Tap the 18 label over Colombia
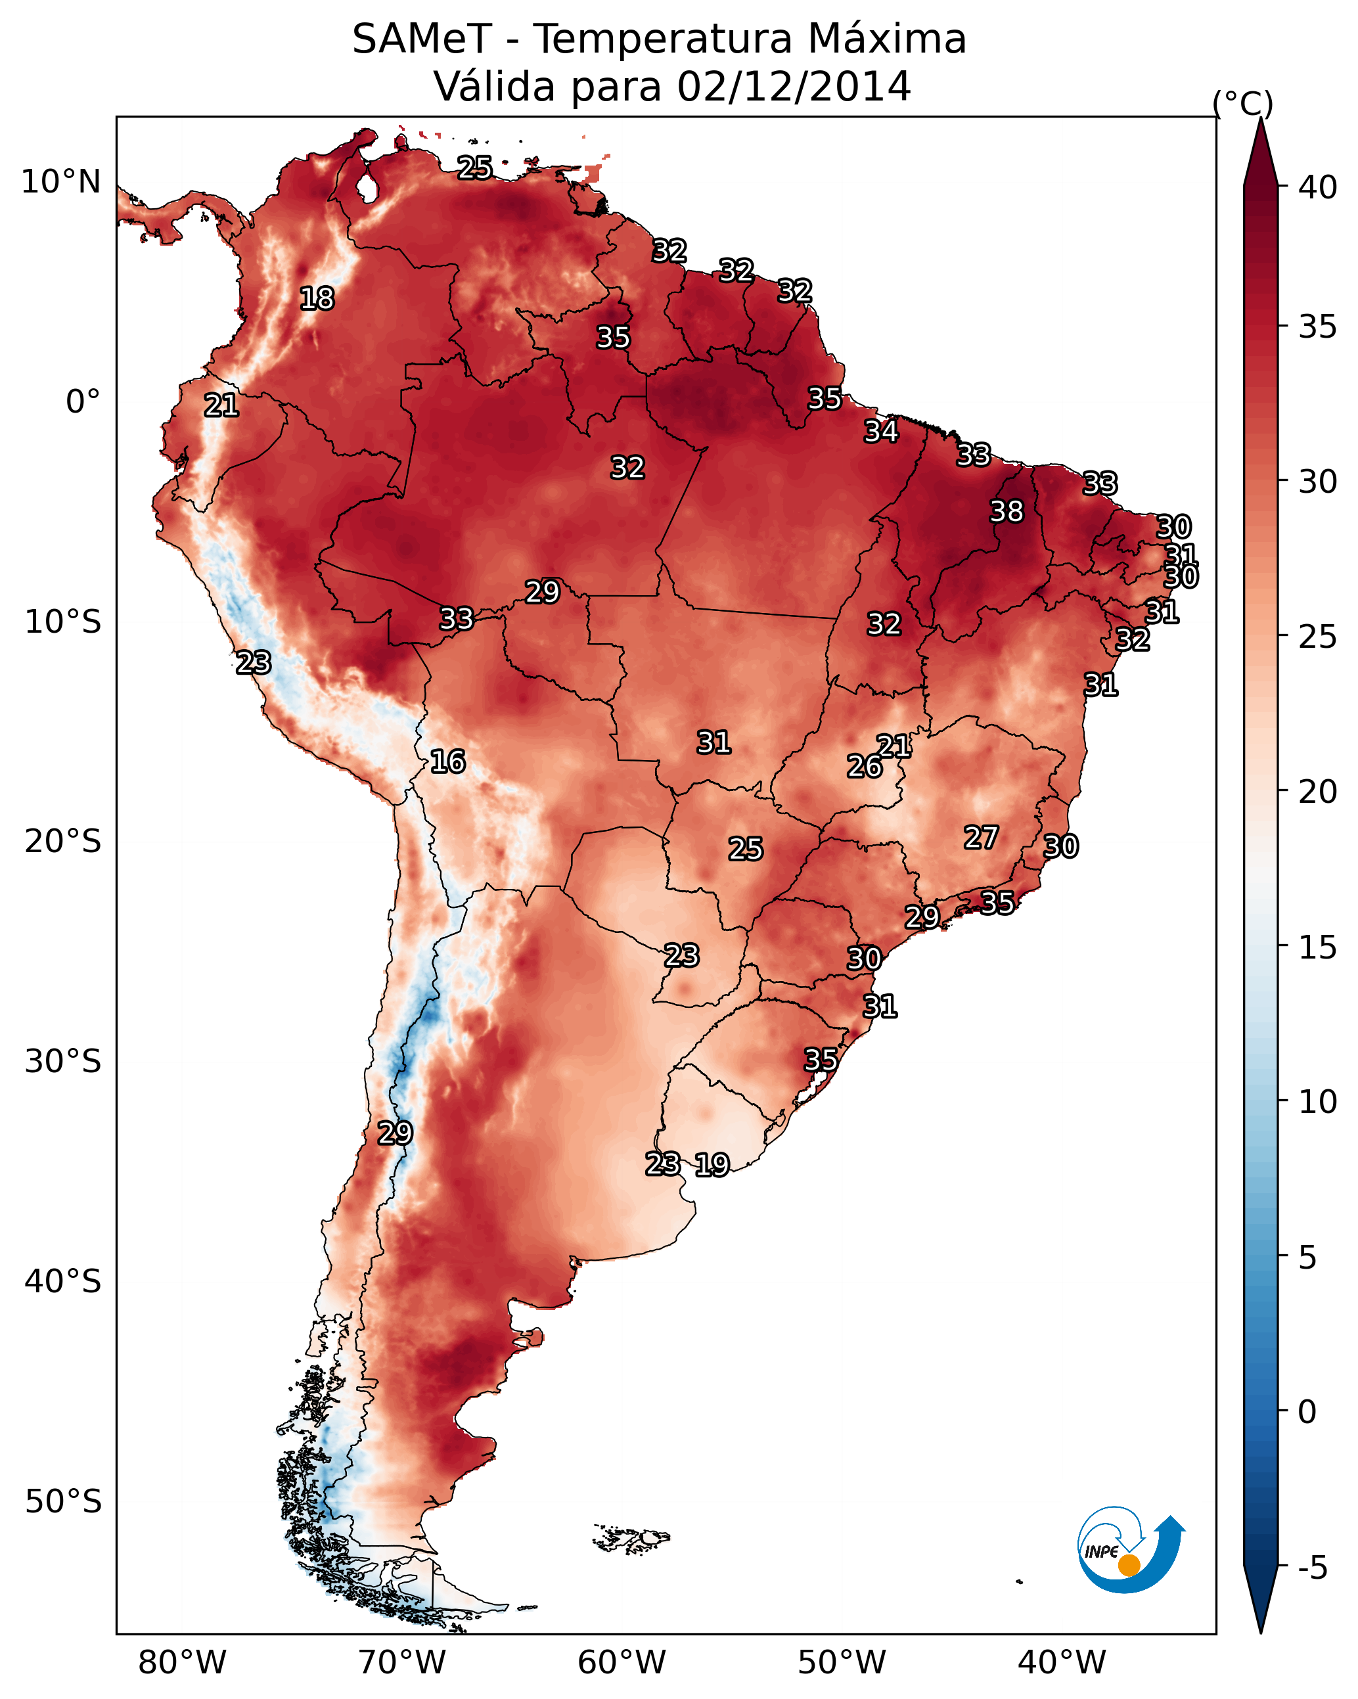tap(317, 299)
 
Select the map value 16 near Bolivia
tap(447, 762)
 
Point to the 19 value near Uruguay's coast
tap(712, 1165)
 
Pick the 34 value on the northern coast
tap(880, 432)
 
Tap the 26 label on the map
tap(865, 767)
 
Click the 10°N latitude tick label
tap(60, 182)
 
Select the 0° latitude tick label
tap(83, 402)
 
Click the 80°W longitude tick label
tap(182, 1662)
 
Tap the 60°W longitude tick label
tap(622, 1662)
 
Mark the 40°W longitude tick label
tap(1062, 1662)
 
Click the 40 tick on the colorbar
tap(1318, 187)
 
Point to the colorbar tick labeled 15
tap(1318, 947)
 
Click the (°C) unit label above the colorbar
tap(1243, 103)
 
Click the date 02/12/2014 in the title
tap(794, 87)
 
